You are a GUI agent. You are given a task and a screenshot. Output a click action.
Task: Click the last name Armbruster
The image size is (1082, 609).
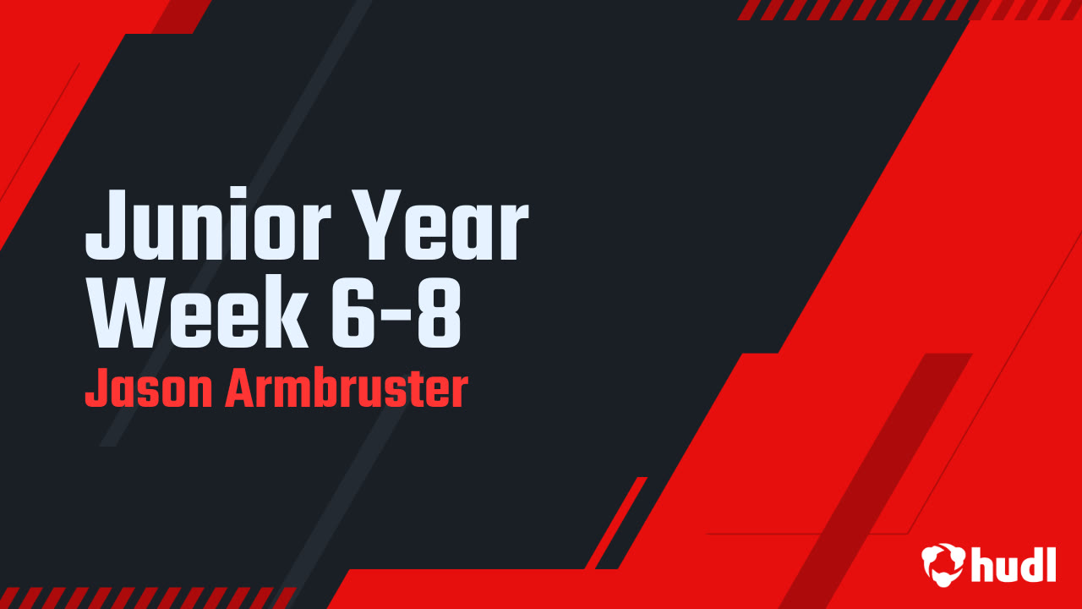[x=346, y=390]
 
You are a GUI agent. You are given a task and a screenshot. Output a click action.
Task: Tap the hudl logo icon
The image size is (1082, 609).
[x=942, y=563]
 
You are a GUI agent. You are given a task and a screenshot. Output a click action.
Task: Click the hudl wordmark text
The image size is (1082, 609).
[x=1014, y=563]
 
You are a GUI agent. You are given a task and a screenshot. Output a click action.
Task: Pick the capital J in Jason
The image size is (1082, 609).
[x=96, y=390]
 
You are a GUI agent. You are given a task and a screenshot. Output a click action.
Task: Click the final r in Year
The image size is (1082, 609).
[x=514, y=233]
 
